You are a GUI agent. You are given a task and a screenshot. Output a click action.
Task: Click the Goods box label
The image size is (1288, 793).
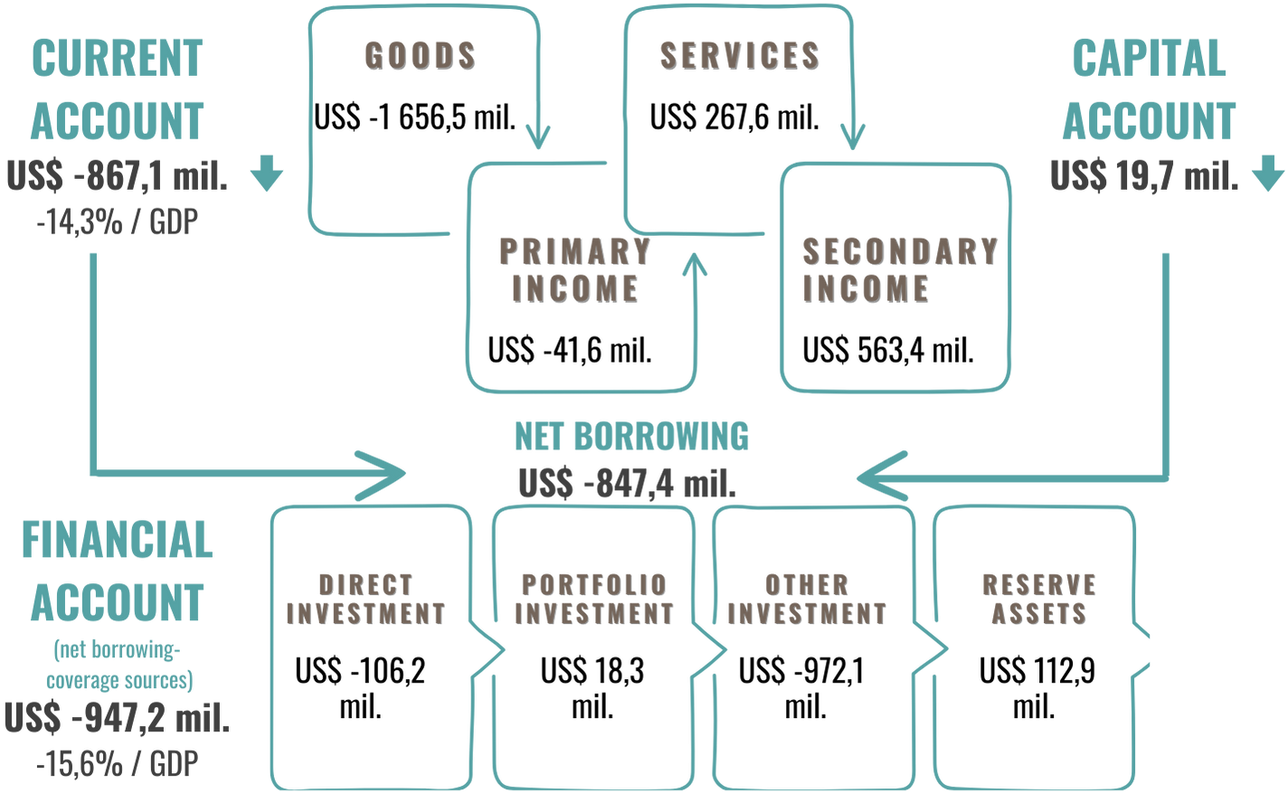pyautogui.click(x=420, y=56)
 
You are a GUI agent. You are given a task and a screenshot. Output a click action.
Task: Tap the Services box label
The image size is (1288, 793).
pyautogui.click(x=738, y=56)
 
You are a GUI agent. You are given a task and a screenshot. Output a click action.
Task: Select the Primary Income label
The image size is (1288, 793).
pyautogui.click(x=574, y=269)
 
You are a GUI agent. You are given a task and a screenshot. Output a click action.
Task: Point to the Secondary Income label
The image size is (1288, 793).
pyautogui.click(x=898, y=269)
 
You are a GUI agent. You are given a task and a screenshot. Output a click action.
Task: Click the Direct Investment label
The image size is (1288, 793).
pyautogui.click(x=365, y=599)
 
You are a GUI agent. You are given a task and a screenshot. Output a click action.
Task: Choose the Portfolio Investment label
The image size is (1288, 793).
pyautogui.click(x=593, y=599)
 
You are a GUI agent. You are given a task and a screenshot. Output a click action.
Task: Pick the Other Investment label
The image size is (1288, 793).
pyautogui.click(x=806, y=599)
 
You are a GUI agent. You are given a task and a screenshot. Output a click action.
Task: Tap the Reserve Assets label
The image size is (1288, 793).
pyautogui.click(x=1038, y=599)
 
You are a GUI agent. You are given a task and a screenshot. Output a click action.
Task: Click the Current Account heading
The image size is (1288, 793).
pyautogui.click(x=118, y=90)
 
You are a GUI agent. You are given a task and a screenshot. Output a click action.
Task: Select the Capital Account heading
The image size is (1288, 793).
pyautogui.click(x=1149, y=90)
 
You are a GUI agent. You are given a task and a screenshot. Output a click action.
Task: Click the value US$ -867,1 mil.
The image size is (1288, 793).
pyautogui.click(x=118, y=176)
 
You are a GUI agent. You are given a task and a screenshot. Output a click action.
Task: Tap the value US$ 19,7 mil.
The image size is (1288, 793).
pyautogui.click(x=1143, y=176)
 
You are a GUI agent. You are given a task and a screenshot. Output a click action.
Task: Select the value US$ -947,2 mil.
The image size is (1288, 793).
pyautogui.click(x=118, y=719)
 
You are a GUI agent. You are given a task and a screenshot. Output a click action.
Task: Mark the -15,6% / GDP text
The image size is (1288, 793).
pyautogui.click(x=118, y=765)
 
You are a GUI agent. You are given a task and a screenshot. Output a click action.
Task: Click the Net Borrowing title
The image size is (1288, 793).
pyautogui.click(x=631, y=437)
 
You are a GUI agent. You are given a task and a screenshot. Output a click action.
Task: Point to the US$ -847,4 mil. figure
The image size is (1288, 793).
pyautogui.click(x=627, y=484)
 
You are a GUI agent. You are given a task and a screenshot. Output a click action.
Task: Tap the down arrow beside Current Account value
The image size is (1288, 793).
pyautogui.click(x=267, y=173)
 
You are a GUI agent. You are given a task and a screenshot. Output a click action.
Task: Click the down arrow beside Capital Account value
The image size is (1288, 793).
pyautogui.click(x=1267, y=173)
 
